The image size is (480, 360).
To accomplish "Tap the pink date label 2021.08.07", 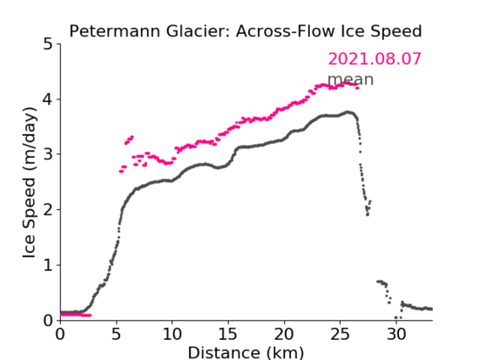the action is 375,59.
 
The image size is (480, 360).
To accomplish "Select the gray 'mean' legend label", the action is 351,79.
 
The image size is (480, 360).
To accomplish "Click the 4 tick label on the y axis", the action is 48,99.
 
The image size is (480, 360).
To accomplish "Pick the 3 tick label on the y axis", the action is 49,155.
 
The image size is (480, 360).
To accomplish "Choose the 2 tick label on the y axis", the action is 49,210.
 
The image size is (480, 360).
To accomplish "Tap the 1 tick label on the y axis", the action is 49,266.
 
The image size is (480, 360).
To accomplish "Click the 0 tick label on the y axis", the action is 48,320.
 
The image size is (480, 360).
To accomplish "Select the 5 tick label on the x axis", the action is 116,334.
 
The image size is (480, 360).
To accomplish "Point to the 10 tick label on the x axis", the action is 172,334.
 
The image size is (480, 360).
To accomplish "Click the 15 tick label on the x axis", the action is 229,334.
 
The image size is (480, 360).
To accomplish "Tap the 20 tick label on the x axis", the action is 284,334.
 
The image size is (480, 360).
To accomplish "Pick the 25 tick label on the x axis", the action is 340,334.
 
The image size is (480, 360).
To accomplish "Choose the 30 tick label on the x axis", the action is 396,334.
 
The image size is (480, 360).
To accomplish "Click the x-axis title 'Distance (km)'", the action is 245,352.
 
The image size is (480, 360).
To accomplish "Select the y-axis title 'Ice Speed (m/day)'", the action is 30,183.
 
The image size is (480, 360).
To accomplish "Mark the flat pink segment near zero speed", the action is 76,314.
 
